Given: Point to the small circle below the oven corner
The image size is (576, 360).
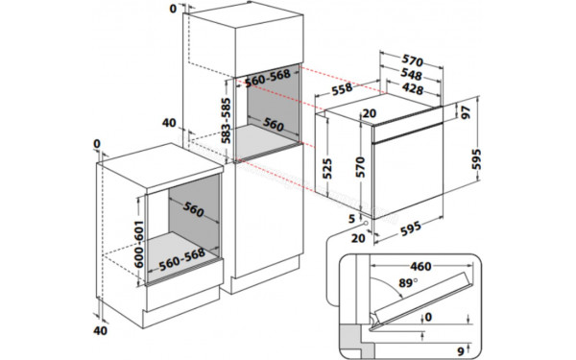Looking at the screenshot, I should point(367,223).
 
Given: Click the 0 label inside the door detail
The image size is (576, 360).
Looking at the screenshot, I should point(428,316).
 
